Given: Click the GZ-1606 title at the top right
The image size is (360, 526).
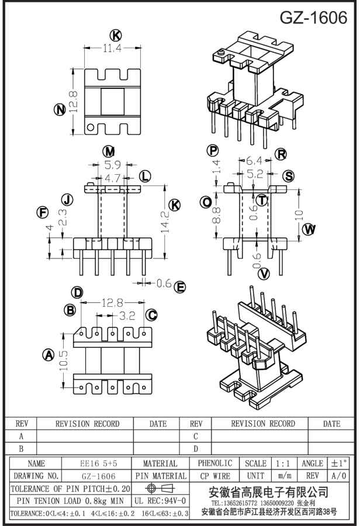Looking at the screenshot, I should click(313, 18).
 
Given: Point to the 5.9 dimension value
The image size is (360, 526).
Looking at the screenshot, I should click(112, 165).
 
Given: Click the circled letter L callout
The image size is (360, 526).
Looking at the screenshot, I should click(144, 176).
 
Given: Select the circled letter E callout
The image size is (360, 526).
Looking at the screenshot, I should click(181, 286).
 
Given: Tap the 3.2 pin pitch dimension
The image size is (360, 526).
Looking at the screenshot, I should click(127, 316).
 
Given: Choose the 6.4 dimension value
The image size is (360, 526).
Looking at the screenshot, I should click(254, 160).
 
